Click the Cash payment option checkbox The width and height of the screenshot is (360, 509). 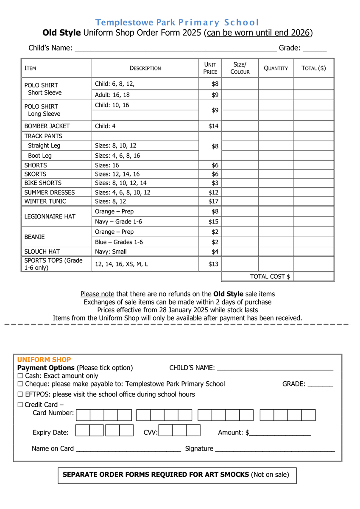tap(20, 376)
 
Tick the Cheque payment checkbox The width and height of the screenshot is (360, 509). tap(20, 384)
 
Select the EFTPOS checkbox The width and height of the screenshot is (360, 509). tap(20, 394)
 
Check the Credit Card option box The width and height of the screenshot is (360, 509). tap(20, 405)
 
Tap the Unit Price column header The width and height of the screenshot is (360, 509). tap(210, 68)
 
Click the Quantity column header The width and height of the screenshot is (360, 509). tap(276, 68)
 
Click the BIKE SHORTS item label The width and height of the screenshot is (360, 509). tap(43, 183)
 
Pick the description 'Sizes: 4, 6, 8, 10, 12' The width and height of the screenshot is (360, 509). tap(123, 192)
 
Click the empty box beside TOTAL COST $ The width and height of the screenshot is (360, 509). tap(313, 277)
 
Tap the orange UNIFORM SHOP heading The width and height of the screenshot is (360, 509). tap(44, 360)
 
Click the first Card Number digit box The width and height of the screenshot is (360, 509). tap(84, 415)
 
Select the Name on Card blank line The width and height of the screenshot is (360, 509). tap(128, 449)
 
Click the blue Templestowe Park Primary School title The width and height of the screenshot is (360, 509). tap(177, 22)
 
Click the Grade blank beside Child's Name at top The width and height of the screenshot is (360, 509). tap(315, 49)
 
